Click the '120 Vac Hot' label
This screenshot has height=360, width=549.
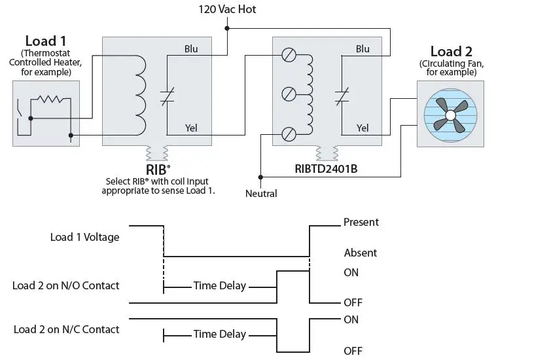point(228,10)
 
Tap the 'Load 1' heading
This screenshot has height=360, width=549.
point(45,41)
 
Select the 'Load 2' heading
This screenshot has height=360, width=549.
point(451,51)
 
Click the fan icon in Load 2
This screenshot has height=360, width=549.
point(450,115)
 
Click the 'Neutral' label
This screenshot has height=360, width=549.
point(261,193)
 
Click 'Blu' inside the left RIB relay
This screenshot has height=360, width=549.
point(191,49)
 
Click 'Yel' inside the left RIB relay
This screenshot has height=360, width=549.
point(191,128)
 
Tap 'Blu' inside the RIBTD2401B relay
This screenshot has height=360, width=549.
point(363,49)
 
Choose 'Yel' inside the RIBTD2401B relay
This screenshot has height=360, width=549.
point(363,128)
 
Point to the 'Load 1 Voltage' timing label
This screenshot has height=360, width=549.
point(85,237)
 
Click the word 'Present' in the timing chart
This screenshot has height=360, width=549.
point(361,223)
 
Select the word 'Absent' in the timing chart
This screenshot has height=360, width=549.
point(360,253)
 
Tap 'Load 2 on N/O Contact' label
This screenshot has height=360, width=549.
point(66,285)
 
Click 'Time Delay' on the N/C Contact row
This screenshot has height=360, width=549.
point(220,334)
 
